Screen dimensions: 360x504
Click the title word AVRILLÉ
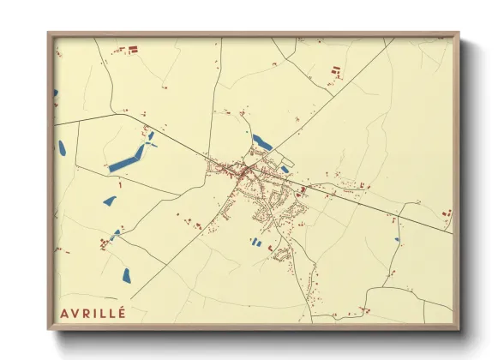(x=93, y=312)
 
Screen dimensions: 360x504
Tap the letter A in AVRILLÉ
(x=64, y=312)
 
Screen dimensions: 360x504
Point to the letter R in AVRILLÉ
(x=88, y=312)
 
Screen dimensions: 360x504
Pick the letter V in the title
(x=76, y=312)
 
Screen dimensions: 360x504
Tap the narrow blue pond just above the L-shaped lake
(x=151, y=135)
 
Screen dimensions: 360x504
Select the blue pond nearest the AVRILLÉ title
(x=126, y=275)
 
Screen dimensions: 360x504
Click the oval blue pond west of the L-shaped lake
(x=62, y=147)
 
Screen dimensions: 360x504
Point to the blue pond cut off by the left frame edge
(x=56, y=93)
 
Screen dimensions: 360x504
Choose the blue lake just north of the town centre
(x=261, y=141)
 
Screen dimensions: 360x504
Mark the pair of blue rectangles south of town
(x=256, y=243)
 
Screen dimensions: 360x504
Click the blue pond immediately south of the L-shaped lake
(x=110, y=201)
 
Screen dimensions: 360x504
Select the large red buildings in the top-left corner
(x=133, y=49)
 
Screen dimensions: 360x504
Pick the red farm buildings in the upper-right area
(x=336, y=71)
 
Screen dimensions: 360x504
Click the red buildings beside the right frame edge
(x=447, y=213)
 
